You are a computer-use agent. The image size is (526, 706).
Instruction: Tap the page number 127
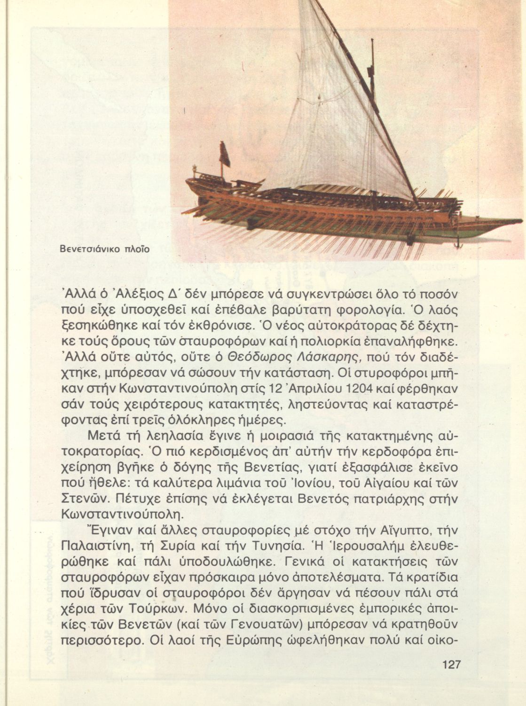click(451, 665)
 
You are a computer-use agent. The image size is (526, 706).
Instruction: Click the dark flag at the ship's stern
click(225, 154)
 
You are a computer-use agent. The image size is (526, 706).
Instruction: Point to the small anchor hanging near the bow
click(459, 244)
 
